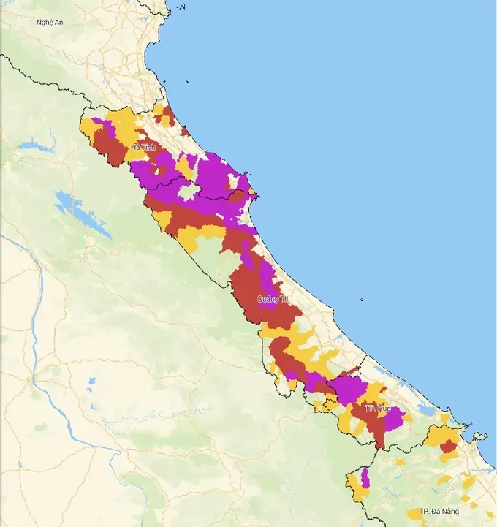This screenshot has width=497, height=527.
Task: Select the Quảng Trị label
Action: pyautogui.click(x=273, y=300)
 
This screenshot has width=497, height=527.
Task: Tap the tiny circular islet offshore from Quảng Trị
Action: pyautogui.click(x=362, y=299)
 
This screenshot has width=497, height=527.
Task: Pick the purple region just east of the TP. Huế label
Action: pyautogui.click(x=395, y=418)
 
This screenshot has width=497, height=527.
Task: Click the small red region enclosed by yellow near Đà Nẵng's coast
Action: pyautogui.click(x=447, y=445)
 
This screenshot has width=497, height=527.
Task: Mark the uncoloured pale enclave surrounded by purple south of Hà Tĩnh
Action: pyautogui.click(x=189, y=192)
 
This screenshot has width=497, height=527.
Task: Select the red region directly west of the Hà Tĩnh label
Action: pyautogui.click(x=110, y=150)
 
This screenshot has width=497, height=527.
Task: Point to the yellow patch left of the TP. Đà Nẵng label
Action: pyautogui.click(x=414, y=515)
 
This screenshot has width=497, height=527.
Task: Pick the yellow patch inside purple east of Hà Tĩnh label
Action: pyautogui.click(x=183, y=167)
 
